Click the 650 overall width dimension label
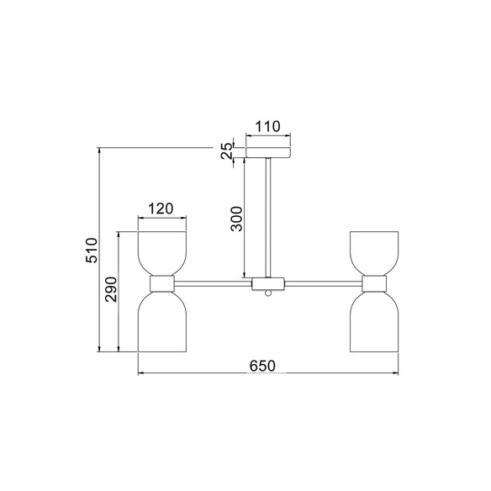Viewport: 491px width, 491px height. click(262, 366)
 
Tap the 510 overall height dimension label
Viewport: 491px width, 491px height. click(92, 251)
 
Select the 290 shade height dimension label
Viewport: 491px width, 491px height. click(111, 289)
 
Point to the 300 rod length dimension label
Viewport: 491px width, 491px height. click(236, 219)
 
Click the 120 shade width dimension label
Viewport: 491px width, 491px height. click(161, 209)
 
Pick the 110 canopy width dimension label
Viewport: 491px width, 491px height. click(267, 127)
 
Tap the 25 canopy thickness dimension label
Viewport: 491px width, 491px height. click(227, 151)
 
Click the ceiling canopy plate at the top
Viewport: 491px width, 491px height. click(268, 152)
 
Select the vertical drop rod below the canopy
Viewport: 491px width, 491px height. click(268, 218)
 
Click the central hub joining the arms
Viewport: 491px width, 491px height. click(268, 284)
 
